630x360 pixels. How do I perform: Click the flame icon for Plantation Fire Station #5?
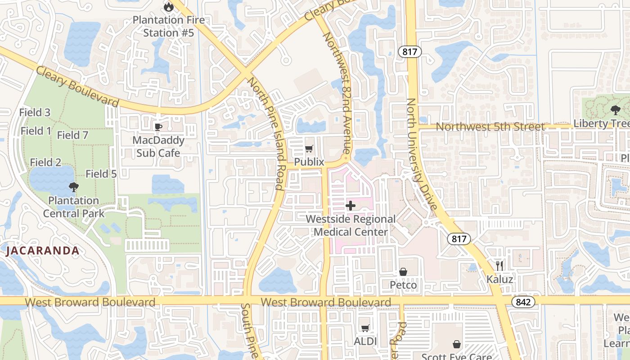[168, 6]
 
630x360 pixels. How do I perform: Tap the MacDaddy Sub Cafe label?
[158, 147]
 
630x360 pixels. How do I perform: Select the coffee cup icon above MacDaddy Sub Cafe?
[158, 127]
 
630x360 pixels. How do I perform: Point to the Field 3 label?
[35, 112]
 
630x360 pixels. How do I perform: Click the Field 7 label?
[72, 135]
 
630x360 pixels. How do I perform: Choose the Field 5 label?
[101, 174]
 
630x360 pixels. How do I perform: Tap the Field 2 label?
[45, 162]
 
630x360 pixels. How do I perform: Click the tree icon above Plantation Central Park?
[73, 187]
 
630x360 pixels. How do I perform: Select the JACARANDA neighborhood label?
[43, 251]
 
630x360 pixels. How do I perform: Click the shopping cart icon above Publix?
[309, 148]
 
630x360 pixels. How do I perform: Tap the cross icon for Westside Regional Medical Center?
[351, 206]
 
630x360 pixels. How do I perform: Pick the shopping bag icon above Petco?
[403, 272]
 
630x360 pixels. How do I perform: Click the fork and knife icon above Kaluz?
[499, 265]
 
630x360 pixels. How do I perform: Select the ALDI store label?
[365, 342]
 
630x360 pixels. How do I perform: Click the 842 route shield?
[523, 302]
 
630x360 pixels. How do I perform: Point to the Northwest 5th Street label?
[490, 127]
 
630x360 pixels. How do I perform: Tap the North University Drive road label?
[421, 154]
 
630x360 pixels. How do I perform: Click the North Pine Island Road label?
[266, 134]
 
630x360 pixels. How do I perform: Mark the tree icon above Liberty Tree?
[615, 109]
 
